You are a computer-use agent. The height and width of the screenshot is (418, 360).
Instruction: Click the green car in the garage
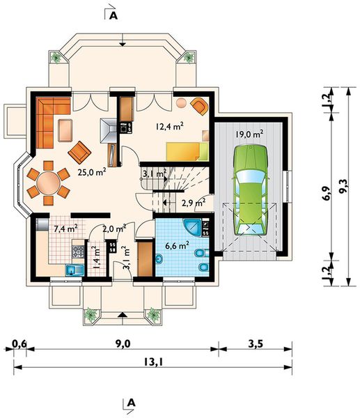250,190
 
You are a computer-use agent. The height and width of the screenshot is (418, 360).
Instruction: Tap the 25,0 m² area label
92,172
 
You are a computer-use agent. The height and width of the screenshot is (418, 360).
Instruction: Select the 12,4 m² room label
170,126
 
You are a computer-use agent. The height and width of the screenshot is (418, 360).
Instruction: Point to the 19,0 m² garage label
249,134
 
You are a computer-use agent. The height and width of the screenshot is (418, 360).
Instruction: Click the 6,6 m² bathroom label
177,245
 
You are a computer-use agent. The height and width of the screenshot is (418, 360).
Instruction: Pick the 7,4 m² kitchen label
66,229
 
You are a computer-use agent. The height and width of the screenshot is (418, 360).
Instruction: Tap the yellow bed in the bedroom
187,151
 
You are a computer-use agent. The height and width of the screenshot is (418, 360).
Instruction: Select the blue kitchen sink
75,270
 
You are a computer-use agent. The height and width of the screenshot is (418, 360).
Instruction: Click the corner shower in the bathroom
192,227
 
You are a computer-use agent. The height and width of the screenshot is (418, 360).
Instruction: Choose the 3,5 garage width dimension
256,344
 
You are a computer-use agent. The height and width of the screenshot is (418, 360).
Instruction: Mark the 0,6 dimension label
19,344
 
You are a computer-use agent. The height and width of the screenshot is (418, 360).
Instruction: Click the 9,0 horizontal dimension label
123,344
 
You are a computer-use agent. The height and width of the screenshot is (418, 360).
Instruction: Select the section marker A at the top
114,16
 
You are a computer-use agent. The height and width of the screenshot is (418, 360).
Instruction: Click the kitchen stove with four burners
79,251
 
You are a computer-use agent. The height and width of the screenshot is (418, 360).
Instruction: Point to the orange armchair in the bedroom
199,106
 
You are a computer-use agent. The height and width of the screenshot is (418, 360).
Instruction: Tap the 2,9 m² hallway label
194,203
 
